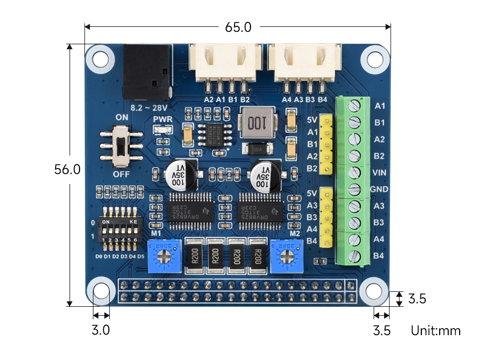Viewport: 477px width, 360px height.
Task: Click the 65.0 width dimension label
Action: tap(238, 27)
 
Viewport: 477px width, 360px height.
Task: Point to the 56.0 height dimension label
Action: tap(68, 170)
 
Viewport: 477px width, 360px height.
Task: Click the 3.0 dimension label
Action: tap(101, 330)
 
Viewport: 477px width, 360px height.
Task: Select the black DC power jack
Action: tap(146, 72)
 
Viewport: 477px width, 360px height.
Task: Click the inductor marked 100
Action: tap(257, 123)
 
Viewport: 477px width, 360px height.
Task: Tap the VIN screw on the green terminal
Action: tap(354, 173)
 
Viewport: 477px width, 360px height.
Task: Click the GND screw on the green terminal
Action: tap(354, 189)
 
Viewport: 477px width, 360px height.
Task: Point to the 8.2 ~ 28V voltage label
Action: tap(148, 106)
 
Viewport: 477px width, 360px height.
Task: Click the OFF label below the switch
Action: tap(121, 175)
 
